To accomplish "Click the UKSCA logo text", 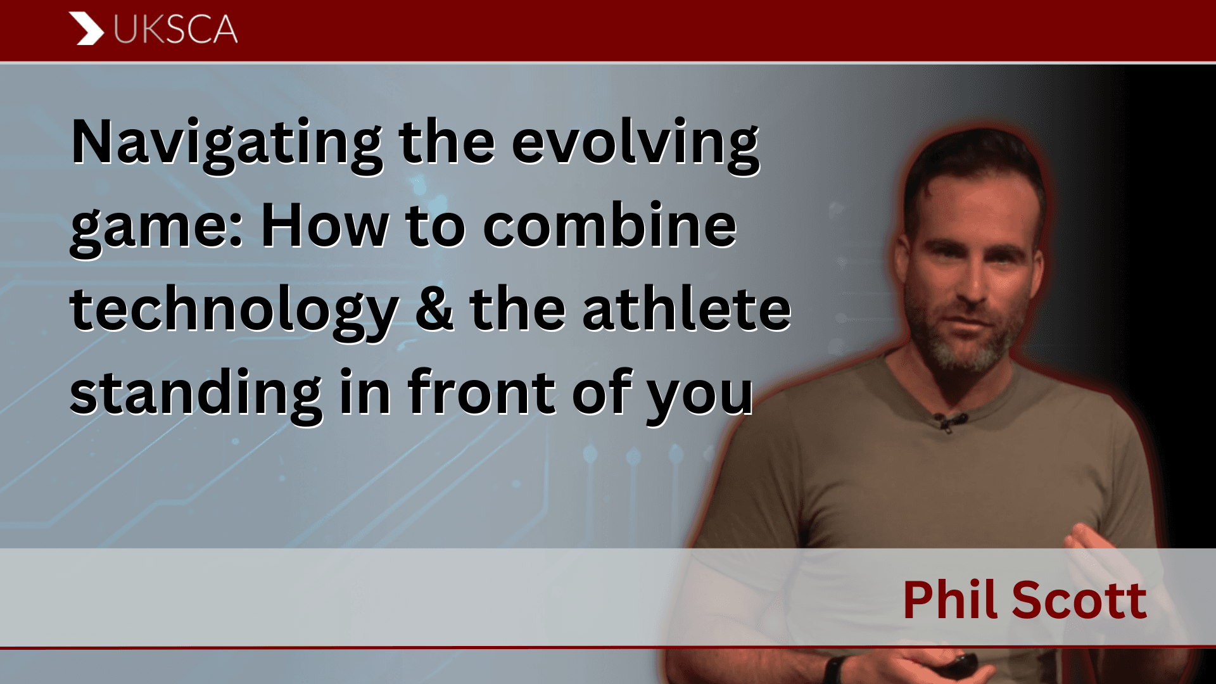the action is (x=175, y=29).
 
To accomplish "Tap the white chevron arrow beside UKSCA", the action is (x=86, y=28).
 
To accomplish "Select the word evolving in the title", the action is (x=635, y=145).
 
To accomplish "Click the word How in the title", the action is (x=325, y=225).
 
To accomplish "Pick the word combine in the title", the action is (x=610, y=225).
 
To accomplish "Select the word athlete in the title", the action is (x=687, y=308).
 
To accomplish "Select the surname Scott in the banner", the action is (x=1079, y=600).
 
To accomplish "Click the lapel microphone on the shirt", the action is (x=949, y=421).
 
